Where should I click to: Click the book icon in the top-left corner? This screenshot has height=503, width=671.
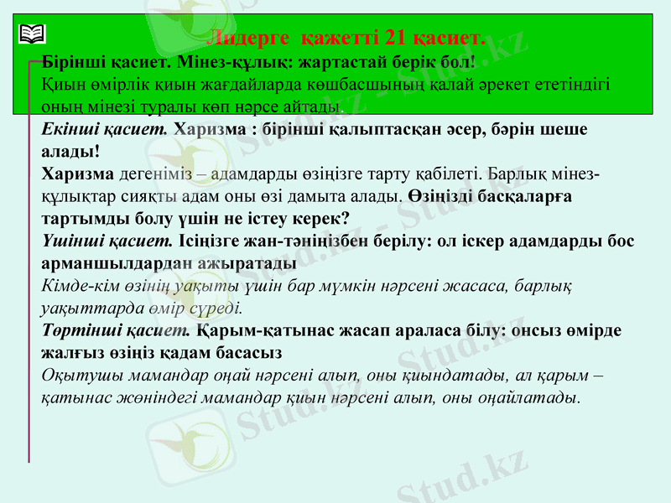[x=33, y=34]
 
